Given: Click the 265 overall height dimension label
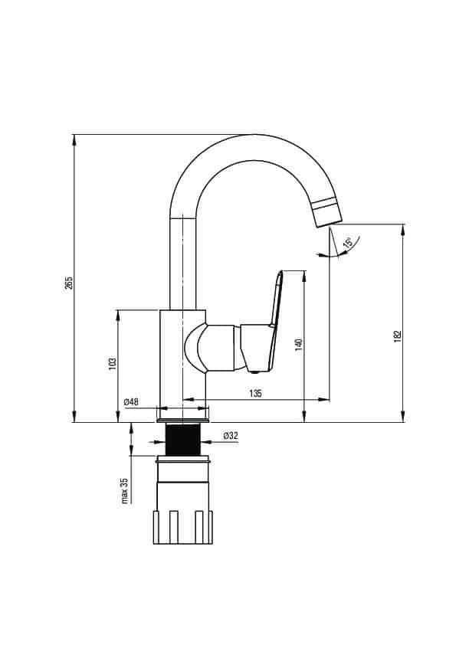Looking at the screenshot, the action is coord(69,282).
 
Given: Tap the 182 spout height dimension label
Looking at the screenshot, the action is coord(397,336).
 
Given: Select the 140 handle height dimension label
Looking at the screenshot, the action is coord(299,344).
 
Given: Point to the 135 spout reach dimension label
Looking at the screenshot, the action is coord(255,393).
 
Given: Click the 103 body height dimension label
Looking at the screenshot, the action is coord(113,364).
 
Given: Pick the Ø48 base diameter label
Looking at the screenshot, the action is coord(131,402).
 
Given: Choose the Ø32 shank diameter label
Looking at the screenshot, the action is coord(231,436).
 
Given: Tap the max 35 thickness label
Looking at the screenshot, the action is coord(125,490).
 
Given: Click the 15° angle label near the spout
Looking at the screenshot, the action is coord(348,243).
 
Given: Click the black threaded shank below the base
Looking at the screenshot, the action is coord(182,440).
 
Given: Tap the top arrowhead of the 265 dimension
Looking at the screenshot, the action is coord(74,139).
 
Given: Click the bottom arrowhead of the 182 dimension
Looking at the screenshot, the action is coord(403,417).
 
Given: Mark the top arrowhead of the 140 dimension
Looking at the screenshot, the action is coord(303,276).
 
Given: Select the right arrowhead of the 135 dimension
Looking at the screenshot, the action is coord(324,399).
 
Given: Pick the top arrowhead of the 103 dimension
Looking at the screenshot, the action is coord(118,314).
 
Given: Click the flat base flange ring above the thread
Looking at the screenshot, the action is coord(182,421).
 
